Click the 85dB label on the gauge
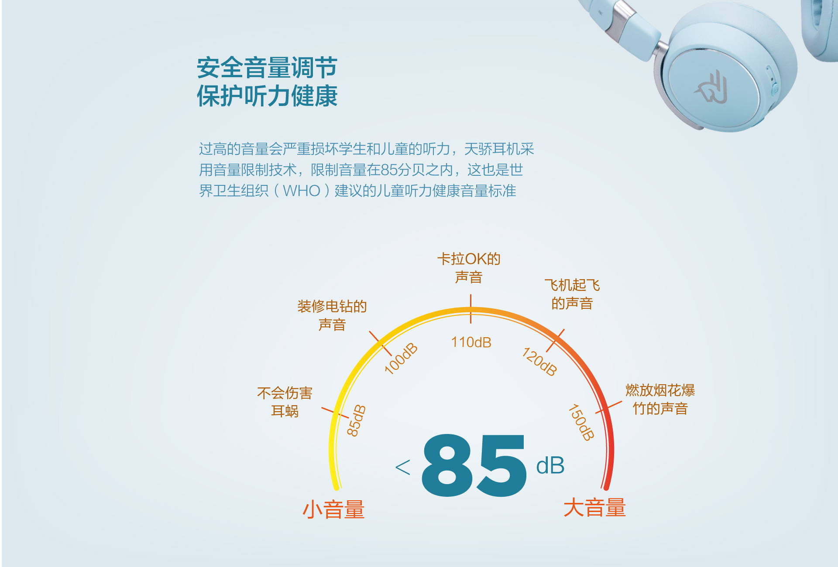point(356,420)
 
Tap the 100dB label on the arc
point(401,359)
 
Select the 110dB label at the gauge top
point(471,342)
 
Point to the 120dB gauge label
point(540,362)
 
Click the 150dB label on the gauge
point(581,422)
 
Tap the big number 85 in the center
point(474,465)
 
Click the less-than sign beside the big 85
point(402,467)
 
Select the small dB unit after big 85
point(550,466)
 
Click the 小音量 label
point(333,509)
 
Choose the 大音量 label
point(594,508)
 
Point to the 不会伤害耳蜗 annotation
point(285,402)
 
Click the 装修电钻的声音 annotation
point(332,315)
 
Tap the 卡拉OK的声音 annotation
point(469,268)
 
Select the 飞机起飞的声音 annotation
point(572,294)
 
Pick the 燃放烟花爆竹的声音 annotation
point(660,400)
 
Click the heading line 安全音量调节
point(267,68)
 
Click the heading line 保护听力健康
point(267,96)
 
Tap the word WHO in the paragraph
point(302,191)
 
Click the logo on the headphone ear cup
point(711,87)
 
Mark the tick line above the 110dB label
point(471,309)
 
